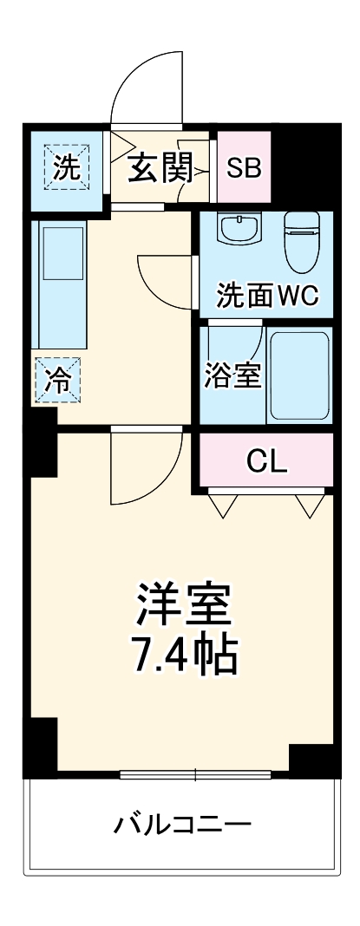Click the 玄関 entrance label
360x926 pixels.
(160, 167)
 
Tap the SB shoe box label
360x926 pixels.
(244, 167)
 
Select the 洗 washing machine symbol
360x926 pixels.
(66, 168)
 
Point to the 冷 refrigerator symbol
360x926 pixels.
(57, 381)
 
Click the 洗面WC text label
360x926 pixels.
(268, 297)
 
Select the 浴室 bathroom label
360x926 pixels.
(232, 376)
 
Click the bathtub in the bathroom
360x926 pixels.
(299, 375)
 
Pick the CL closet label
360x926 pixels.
(266, 460)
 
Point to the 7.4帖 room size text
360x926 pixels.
(183, 657)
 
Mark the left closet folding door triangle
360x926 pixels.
(224, 505)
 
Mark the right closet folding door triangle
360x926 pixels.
(309, 505)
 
